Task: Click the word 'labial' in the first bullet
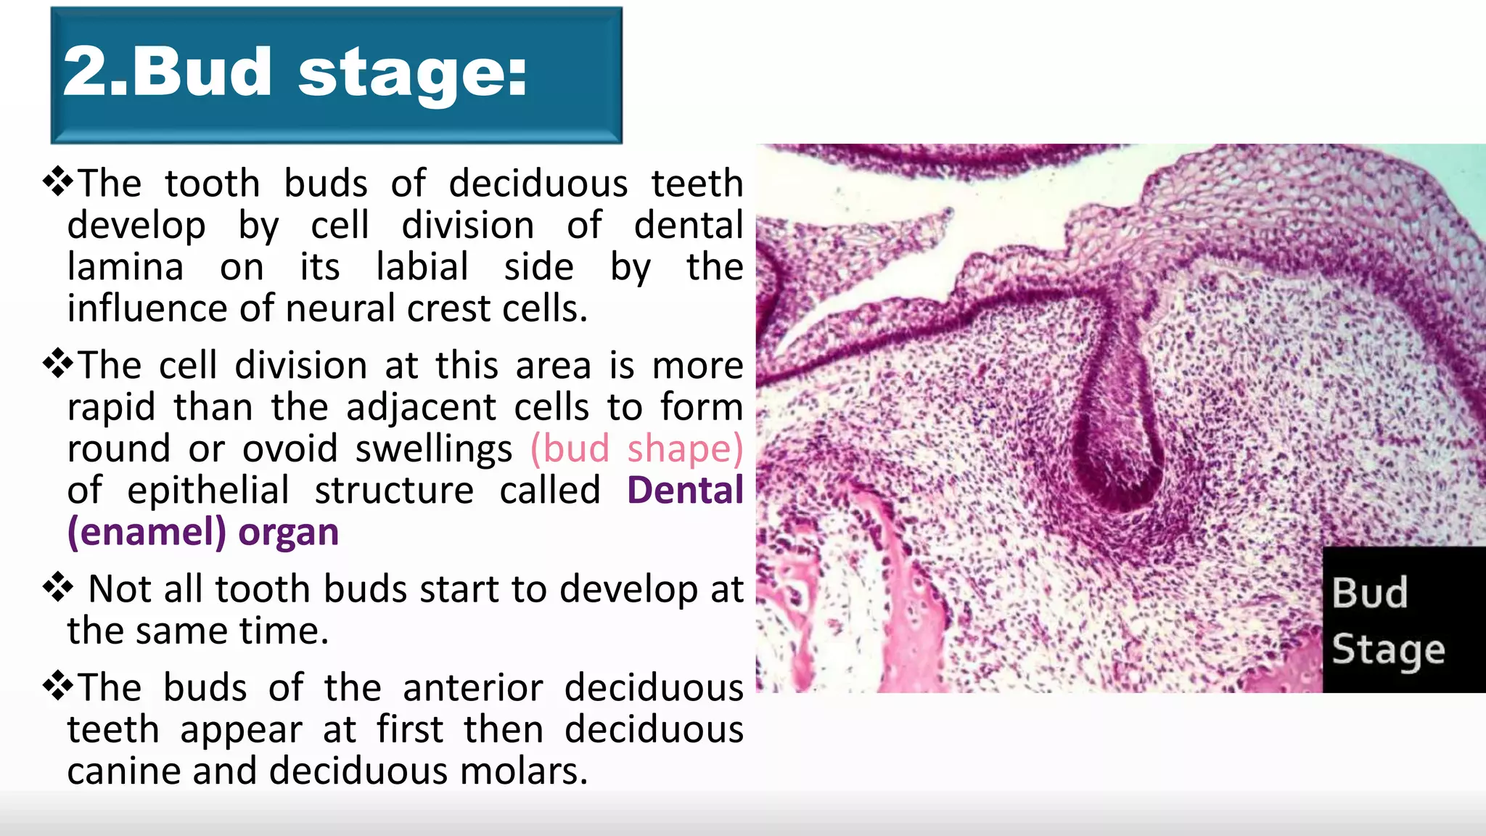tap(422, 266)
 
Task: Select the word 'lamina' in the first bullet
tap(126, 266)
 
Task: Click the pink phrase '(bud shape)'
tap(636, 448)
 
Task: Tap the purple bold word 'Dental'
tap(685, 490)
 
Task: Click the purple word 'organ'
tap(288, 533)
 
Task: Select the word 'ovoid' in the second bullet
tap(290, 448)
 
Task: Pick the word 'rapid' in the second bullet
tap(111, 408)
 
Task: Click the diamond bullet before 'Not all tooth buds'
tap(58, 587)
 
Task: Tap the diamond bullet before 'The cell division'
tap(58, 364)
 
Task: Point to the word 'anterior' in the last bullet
tap(473, 687)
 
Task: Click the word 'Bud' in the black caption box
tap(1370, 593)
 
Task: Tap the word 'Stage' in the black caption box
tap(1388, 650)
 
